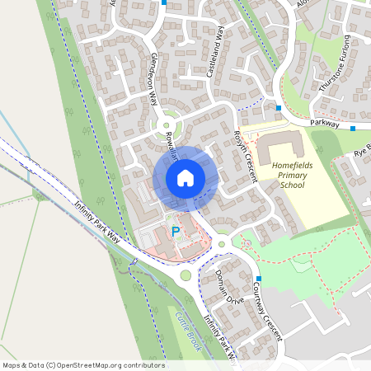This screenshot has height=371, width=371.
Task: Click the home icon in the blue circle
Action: click(185, 178)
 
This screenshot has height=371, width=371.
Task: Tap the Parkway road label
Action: click(326, 121)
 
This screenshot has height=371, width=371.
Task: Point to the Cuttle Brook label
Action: click(188, 330)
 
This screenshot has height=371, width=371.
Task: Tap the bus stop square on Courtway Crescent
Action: click(258, 279)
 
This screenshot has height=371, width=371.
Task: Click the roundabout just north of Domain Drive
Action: click(222, 244)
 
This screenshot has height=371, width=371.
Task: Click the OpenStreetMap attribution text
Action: click(82, 365)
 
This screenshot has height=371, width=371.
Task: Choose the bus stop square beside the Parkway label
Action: click(353, 129)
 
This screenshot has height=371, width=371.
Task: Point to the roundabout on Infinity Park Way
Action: click(185, 275)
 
